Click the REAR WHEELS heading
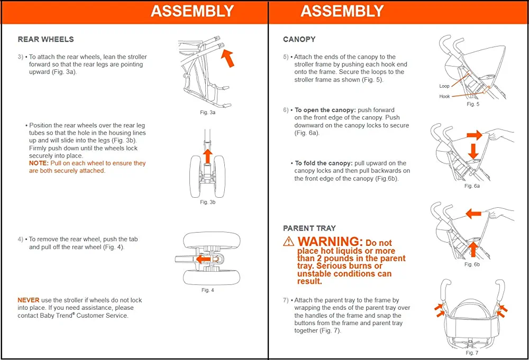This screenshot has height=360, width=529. coord(45,39)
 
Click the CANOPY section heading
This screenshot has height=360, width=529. coord(299,39)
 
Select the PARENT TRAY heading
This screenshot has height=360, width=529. coord(309,228)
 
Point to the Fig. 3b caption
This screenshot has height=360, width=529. coord(207,202)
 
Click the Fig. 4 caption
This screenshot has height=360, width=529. coord(207,290)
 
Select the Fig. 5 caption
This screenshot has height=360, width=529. coord(472,104)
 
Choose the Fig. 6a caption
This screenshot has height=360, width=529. coord(472,186)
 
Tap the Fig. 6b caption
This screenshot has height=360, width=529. coord(472,264)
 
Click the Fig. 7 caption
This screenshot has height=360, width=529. coord(472,353)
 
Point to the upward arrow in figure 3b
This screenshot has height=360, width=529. coord(208,156)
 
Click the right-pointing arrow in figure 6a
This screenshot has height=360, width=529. coord(475,135)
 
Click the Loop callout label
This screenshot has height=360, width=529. coord(444,86)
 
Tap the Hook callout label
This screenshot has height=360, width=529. coord(444,97)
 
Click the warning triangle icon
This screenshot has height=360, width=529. coord(288,241)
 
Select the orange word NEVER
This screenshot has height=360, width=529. coord(29,300)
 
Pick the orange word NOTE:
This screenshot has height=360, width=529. coord(39,163)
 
